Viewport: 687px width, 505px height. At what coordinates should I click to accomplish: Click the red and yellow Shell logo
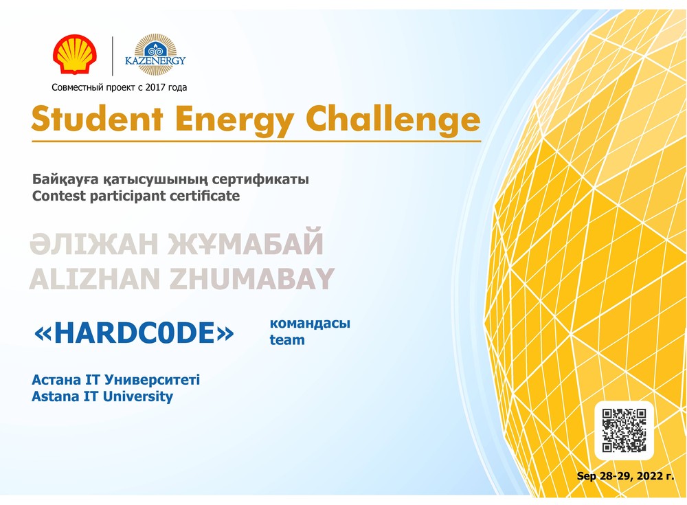click(75, 54)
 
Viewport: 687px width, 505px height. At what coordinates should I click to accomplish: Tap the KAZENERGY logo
click(155, 55)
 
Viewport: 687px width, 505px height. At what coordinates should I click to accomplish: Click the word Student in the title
click(98, 119)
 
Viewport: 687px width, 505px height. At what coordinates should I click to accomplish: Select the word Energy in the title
click(235, 120)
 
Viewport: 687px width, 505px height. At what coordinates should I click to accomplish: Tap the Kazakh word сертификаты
click(260, 179)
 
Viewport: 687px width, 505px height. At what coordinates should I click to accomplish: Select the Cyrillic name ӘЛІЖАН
click(93, 244)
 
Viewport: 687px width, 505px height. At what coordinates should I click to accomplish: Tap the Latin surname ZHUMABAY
click(252, 279)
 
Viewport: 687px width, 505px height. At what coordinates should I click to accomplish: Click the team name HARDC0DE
click(134, 333)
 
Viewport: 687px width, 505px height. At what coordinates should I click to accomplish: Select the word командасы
click(310, 324)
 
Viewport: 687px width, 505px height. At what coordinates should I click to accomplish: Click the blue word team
click(287, 339)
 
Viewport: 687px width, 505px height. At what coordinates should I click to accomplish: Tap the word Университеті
click(153, 380)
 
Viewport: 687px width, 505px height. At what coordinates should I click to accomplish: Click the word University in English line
click(137, 396)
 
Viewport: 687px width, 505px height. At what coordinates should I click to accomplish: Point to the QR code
click(624, 431)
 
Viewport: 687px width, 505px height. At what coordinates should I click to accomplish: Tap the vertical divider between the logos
click(113, 56)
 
